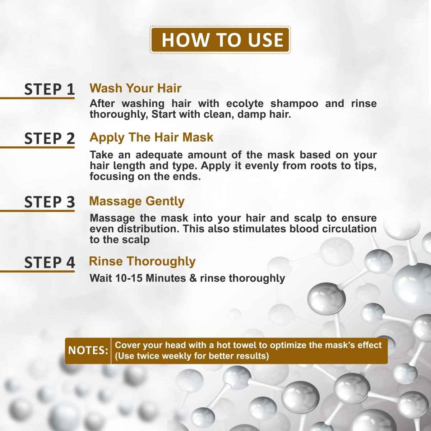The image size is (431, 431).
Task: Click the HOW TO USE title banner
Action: click(220, 40)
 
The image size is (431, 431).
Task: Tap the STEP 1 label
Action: click(50, 89)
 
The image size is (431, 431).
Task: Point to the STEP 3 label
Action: click(50, 202)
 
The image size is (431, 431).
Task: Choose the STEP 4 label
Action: click(50, 263)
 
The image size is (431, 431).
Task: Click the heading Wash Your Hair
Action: click(135, 88)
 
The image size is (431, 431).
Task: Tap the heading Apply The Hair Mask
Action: click(151, 137)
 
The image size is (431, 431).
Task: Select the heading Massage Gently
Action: click(136, 201)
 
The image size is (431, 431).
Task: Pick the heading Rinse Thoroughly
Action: click(142, 261)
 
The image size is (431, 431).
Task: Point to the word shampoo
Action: click(294, 104)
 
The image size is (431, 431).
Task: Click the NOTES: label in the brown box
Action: click(88, 350)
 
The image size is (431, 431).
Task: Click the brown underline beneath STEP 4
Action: click(37, 271)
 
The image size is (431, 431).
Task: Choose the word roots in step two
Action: click(316, 166)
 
